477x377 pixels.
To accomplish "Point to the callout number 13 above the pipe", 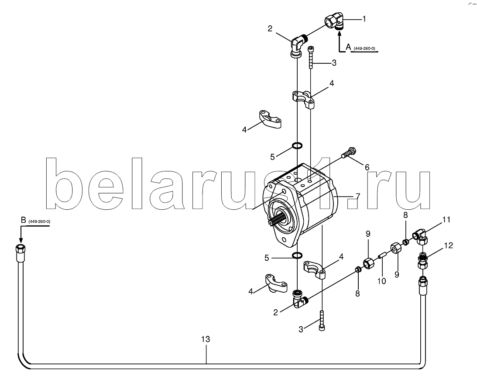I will pyautogui.click(x=206, y=339).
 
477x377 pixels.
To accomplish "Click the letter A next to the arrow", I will pyautogui.click(x=348, y=46).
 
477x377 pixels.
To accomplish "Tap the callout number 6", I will pyautogui.click(x=367, y=167).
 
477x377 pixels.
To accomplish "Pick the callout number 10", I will pyautogui.click(x=381, y=281).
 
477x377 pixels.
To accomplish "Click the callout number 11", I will pyautogui.click(x=446, y=219).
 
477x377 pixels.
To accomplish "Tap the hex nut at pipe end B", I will pyautogui.click(x=20, y=249).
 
